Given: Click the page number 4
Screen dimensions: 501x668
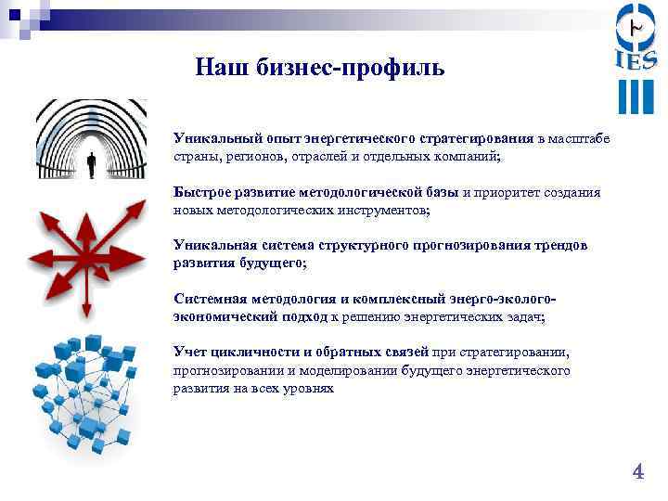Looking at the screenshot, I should point(637,472).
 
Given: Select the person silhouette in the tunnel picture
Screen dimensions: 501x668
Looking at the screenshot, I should point(91,166).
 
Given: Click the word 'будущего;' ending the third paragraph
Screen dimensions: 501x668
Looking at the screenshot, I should point(275,263).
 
